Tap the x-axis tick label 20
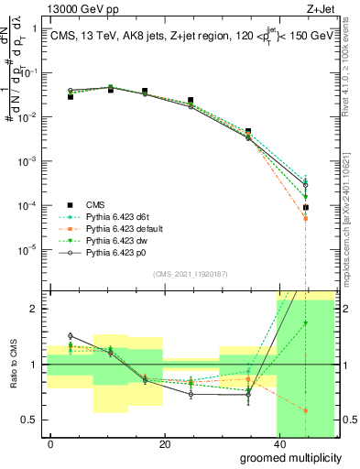(164, 443)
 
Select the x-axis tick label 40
(278, 443)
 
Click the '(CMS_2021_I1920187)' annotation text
(190, 274)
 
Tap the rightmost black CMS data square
(306, 208)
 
